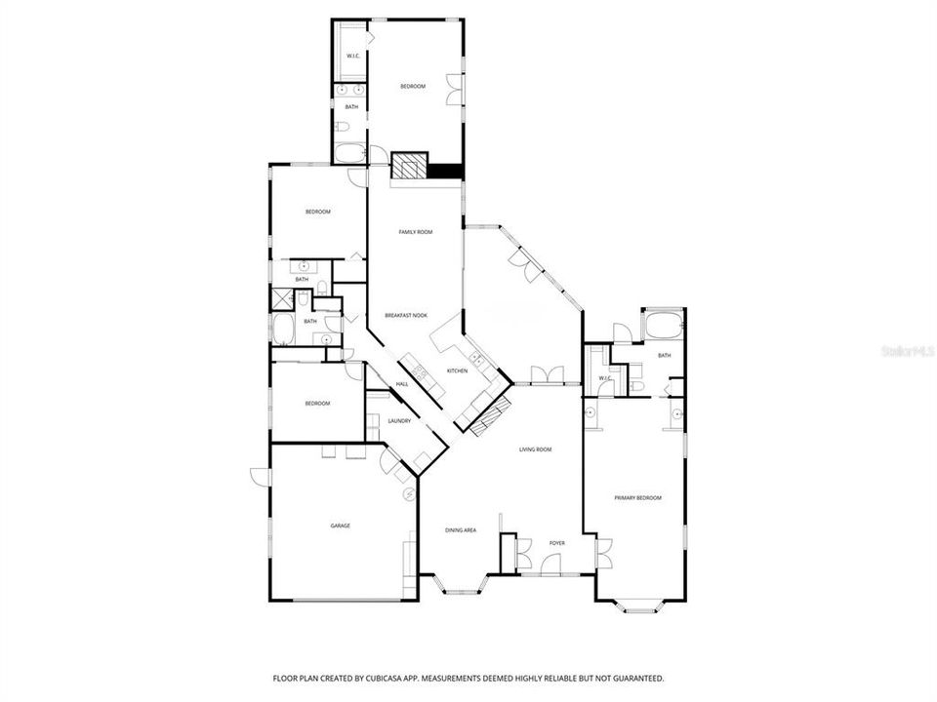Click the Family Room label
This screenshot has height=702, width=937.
click(415, 232)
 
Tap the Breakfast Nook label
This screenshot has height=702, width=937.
click(406, 315)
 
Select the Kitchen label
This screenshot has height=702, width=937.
click(458, 371)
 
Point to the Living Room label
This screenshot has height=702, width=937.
click(536, 449)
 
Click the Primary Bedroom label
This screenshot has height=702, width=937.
click(637, 498)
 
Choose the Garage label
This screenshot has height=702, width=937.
click(340, 526)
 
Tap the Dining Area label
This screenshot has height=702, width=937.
click(460, 529)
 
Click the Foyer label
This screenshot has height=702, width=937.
click(556, 543)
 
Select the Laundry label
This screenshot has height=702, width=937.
click(399, 421)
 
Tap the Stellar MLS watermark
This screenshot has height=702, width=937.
click(906, 348)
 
